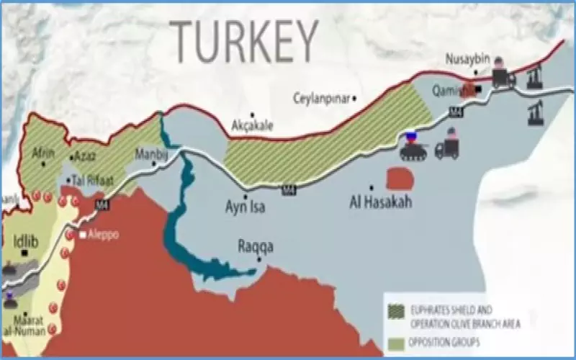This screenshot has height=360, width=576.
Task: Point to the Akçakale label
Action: pos(252,125)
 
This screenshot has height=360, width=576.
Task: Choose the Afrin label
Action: pos(43,153)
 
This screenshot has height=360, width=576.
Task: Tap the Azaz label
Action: pos(85,156)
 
